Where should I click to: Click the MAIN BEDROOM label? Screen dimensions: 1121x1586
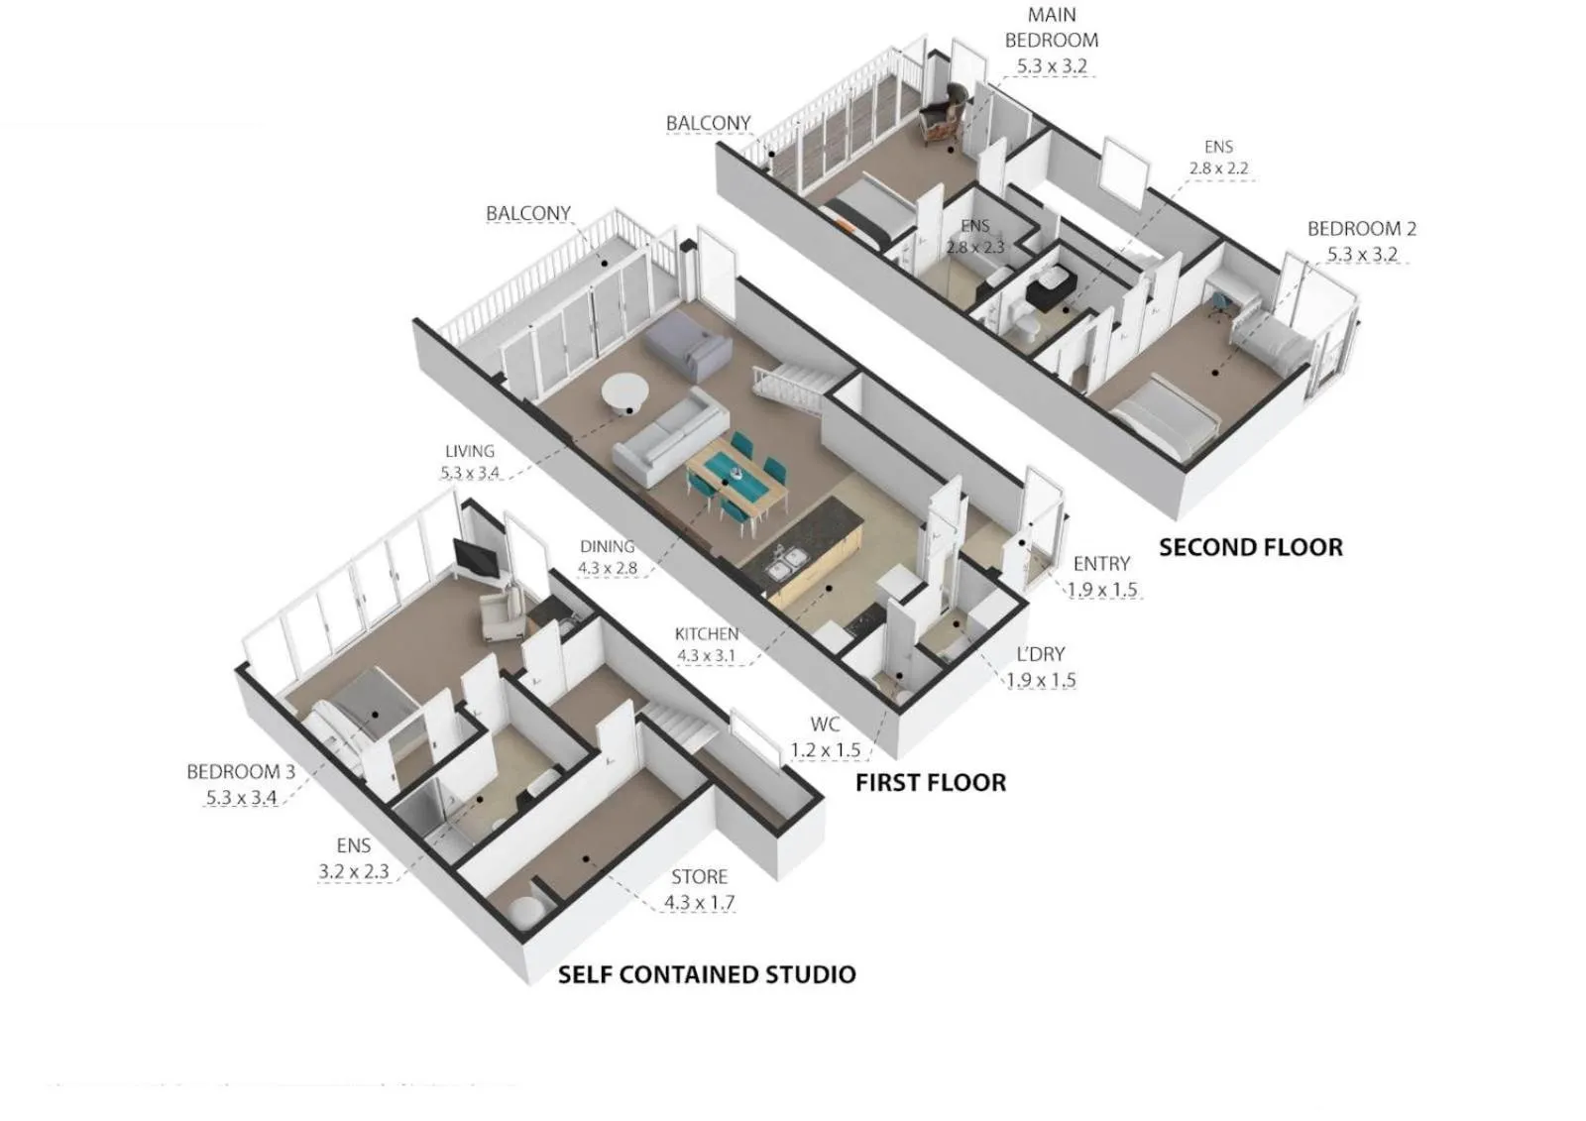(1051, 28)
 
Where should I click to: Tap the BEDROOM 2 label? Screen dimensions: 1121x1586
(1361, 229)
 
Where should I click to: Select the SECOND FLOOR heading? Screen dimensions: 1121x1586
(1251, 548)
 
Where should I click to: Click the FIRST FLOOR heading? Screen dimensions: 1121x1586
(930, 783)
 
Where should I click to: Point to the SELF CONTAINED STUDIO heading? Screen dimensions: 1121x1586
(707, 974)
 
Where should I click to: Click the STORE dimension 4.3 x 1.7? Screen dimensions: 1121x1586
(699, 903)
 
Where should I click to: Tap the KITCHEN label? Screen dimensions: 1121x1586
(706, 633)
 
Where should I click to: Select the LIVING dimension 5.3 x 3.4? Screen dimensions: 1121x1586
(470, 474)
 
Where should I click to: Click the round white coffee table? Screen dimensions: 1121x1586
(624, 392)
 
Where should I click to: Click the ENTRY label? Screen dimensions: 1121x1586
(1101, 564)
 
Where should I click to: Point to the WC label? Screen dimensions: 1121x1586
(825, 725)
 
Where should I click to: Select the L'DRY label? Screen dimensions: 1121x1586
(1041, 654)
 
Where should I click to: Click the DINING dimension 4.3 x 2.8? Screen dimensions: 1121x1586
(608, 569)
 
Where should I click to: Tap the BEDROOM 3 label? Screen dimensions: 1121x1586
(241, 772)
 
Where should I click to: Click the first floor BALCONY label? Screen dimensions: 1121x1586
(528, 214)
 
